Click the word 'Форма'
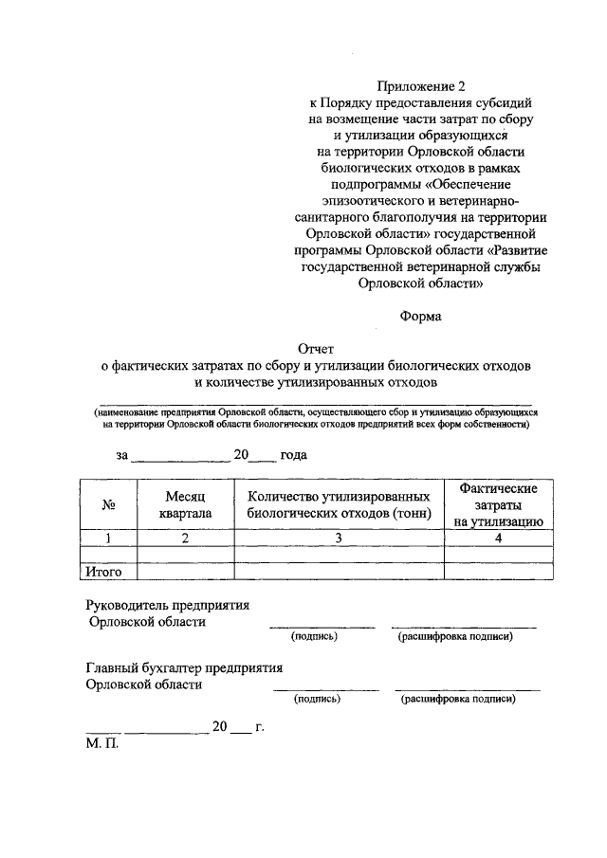point(420,317)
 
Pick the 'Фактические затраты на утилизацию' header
point(497,504)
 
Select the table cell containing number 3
point(339,539)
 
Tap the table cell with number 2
point(185,539)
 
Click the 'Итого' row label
point(104,572)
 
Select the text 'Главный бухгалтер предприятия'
point(184,667)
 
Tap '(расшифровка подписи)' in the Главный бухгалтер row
point(458,700)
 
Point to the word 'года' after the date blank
point(293,455)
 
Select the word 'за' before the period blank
point(121,455)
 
